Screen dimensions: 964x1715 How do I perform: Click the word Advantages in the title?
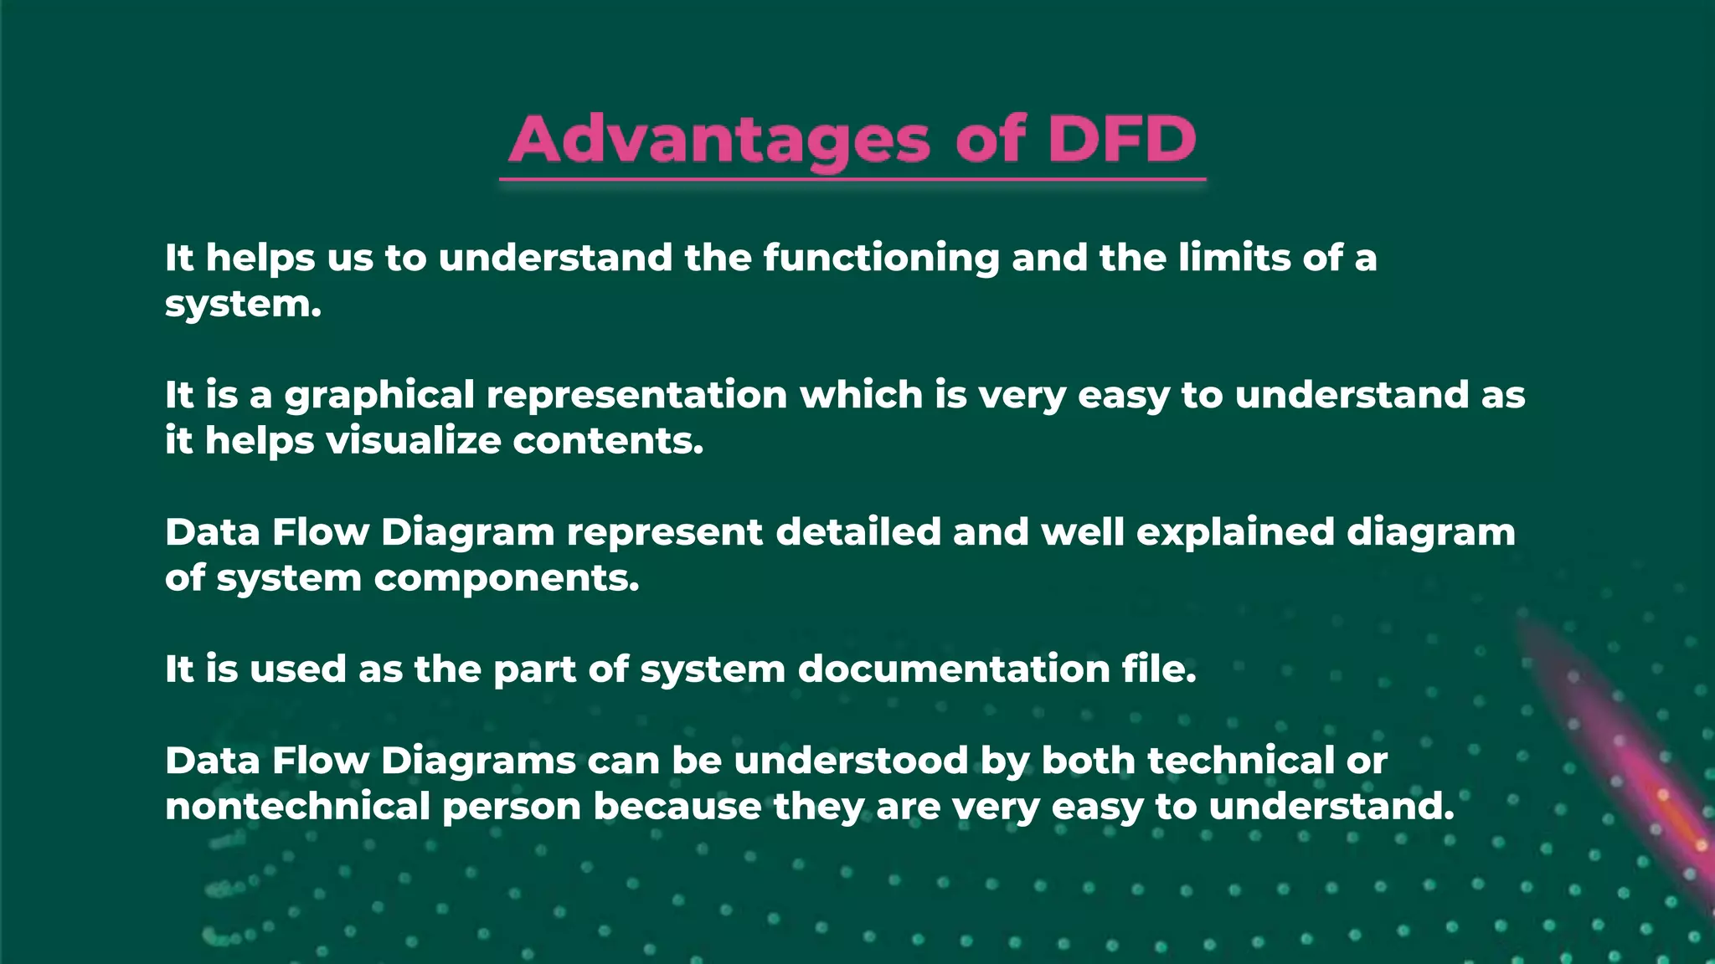(719, 139)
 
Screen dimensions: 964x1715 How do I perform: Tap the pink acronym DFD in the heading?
(1121, 138)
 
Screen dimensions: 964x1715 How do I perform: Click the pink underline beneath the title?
(852, 179)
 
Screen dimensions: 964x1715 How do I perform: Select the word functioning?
(881, 258)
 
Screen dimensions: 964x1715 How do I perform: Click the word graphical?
(379, 396)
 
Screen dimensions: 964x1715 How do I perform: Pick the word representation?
(636, 396)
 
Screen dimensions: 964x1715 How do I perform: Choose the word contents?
(608, 441)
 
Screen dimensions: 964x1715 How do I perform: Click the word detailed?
(858, 532)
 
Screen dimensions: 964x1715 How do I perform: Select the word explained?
(1235, 533)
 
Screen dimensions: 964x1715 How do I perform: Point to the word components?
(507, 578)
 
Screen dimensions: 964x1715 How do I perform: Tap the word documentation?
(954, 669)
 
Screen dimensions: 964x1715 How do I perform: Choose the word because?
(677, 807)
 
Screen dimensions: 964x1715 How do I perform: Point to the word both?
(1089, 761)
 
